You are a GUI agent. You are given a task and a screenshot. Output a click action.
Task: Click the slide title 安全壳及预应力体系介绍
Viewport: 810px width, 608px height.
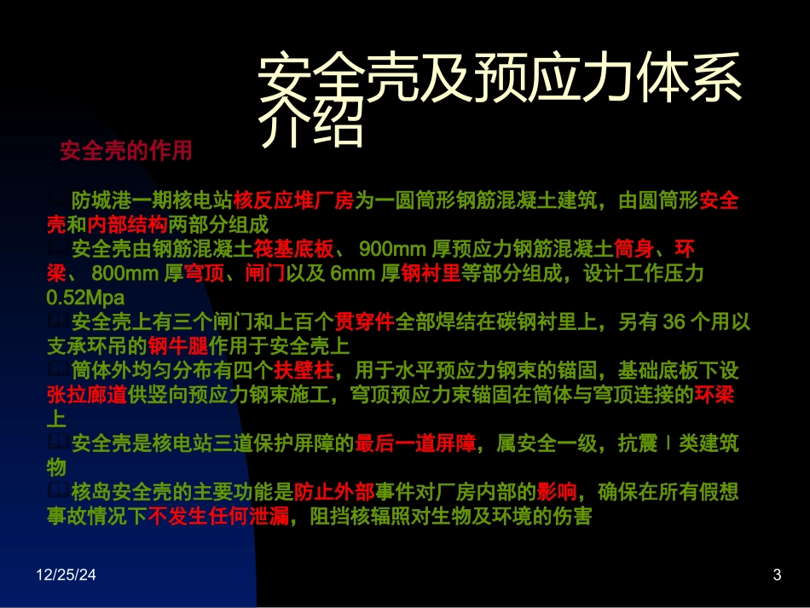(x=499, y=101)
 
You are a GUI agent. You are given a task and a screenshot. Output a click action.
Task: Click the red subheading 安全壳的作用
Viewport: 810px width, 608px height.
(x=125, y=151)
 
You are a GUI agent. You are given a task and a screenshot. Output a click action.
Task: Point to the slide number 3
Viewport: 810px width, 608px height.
(x=776, y=576)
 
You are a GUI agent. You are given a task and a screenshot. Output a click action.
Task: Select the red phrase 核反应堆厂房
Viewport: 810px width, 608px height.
(x=293, y=201)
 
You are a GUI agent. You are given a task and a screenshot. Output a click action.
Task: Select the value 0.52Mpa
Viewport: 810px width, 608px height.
(x=85, y=298)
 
